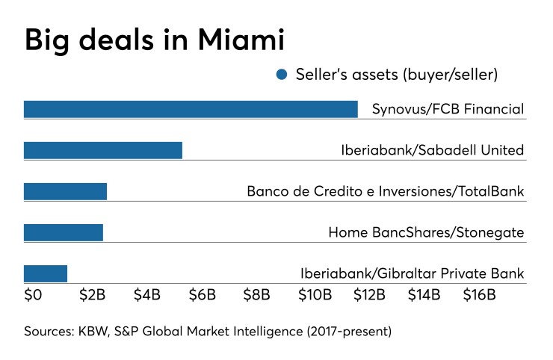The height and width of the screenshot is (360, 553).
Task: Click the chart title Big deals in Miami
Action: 155,40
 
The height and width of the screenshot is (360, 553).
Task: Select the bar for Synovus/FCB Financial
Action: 191,109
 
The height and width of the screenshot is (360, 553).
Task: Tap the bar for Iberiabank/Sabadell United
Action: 103,150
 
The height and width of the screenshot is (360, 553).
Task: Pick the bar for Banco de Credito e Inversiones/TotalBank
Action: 65,191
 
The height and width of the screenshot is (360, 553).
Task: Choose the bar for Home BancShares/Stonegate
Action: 64,232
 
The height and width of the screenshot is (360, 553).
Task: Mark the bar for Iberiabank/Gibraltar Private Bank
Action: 46,273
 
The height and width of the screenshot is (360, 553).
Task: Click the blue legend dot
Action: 282,75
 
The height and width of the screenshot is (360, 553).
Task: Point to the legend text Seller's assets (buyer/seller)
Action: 396,75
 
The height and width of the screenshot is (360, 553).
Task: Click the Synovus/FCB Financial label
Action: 448,109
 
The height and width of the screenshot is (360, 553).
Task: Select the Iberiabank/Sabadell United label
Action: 432,150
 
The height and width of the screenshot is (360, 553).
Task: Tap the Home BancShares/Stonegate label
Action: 426,232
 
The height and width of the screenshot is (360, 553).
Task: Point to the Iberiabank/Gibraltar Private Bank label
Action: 412,273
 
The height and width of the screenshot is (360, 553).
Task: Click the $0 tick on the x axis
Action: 33,294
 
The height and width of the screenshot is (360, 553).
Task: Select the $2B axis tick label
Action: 92,294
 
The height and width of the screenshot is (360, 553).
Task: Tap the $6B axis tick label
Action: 203,294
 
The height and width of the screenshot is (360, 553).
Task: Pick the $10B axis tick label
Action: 315,294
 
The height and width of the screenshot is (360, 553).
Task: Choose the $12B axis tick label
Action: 369,294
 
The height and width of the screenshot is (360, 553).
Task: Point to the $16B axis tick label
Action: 479,294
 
